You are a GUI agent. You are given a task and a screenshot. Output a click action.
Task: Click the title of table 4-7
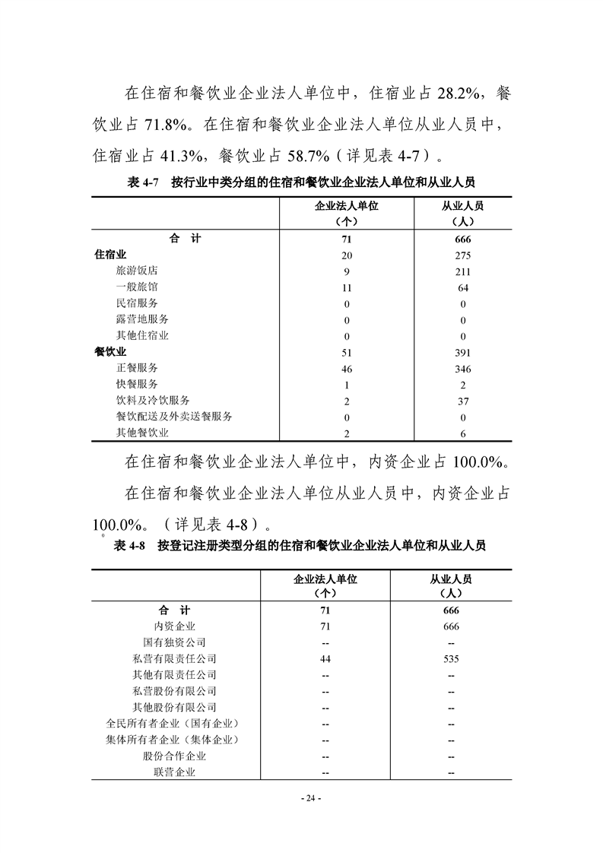pyautogui.click(x=301, y=182)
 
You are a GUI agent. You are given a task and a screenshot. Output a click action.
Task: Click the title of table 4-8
pyautogui.click(x=301, y=545)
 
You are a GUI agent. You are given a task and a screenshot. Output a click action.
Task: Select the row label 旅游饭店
pyautogui.click(x=137, y=271)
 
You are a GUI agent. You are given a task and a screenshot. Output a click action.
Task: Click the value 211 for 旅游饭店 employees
pyautogui.click(x=462, y=271)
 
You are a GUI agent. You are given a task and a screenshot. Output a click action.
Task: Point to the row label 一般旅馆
pyautogui.click(x=137, y=287)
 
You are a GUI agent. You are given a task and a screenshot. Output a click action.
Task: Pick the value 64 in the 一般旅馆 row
pyautogui.click(x=462, y=288)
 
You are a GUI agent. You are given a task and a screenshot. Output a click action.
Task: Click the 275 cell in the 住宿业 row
pyautogui.click(x=462, y=255)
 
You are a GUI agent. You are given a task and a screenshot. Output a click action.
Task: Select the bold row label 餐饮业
pyautogui.click(x=109, y=352)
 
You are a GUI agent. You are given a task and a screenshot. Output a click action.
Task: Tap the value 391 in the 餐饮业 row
pyautogui.click(x=462, y=353)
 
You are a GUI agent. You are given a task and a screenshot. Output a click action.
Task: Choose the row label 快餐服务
pyautogui.click(x=137, y=384)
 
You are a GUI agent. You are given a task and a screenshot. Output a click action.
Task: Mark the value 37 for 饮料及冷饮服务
pyautogui.click(x=462, y=401)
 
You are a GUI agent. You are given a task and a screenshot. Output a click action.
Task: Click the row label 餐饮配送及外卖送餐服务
pyautogui.click(x=174, y=417)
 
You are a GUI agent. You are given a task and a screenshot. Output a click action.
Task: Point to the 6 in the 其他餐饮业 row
pyautogui.click(x=462, y=433)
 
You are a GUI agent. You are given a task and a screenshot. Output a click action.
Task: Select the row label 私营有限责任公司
pyautogui.click(x=174, y=658)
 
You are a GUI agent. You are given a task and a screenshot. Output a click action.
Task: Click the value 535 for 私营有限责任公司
pyautogui.click(x=451, y=659)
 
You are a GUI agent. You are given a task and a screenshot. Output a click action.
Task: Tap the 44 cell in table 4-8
pyautogui.click(x=325, y=659)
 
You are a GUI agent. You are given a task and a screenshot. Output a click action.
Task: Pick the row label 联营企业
pyautogui.click(x=174, y=772)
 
